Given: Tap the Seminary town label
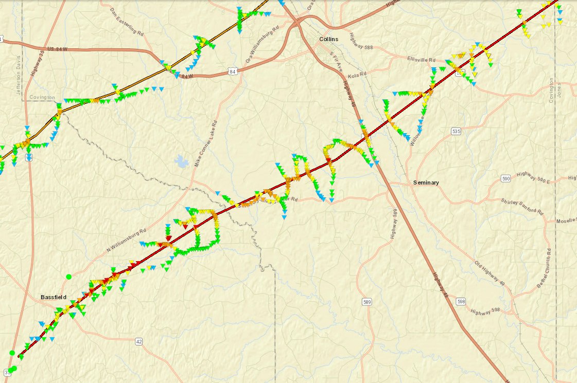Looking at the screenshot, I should pyautogui.click(x=426, y=183).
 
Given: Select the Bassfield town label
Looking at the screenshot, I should pyautogui.click(x=54, y=297).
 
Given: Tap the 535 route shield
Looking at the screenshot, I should pyautogui.click(x=456, y=132).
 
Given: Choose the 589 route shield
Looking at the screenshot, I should pyautogui.click(x=366, y=302).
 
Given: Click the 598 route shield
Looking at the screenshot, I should pyautogui.click(x=461, y=301).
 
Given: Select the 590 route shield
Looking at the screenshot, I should pyautogui.click(x=506, y=178).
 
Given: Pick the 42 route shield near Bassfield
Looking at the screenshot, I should pyautogui.click(x=139, y=341).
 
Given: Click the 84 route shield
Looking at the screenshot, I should pyautogui.click(x=233, y=72).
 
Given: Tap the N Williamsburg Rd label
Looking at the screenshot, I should pyautogui.click(x=127, y=239).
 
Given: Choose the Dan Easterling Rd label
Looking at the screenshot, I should pyautogui.click(x=126, y=22).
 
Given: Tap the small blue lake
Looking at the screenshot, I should pyautogui.click(x=182, y=162).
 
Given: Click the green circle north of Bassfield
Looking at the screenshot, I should pyautogui.click(x=69, y=277).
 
